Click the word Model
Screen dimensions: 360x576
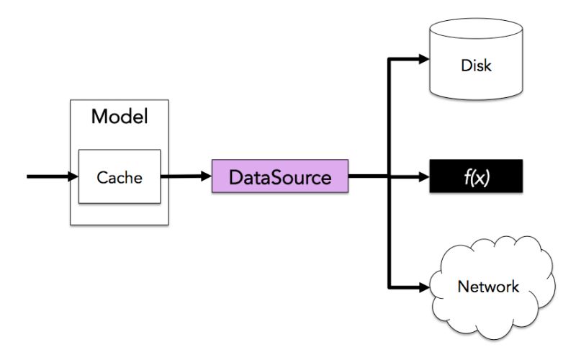119,117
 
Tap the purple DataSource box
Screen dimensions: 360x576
280,176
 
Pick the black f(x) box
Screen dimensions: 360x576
474,176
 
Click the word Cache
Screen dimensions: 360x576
119,176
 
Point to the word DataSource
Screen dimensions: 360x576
280,176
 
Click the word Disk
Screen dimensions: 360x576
475,66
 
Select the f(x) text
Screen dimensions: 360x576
475,176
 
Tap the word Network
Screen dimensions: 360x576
488,287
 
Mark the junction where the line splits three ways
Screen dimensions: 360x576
389,176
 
